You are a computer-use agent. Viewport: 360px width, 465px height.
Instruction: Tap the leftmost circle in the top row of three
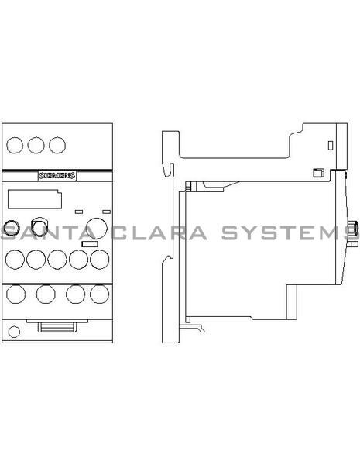tap(15, 145)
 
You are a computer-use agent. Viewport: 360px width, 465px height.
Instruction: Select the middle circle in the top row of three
tap(36, 145)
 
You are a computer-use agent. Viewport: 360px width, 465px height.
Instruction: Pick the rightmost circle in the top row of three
tap(57, 145)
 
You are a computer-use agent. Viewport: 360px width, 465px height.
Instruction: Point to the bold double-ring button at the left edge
tap(11, 228)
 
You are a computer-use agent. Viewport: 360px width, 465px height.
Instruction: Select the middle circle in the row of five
tap(57, 258)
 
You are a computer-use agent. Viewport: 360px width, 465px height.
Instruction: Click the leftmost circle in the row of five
tap(15, 258)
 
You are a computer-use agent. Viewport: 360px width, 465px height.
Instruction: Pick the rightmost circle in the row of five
tap(98, 258)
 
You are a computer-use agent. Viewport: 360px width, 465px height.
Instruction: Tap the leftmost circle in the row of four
tap(15, 294)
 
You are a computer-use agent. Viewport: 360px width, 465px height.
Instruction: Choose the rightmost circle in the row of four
tap(98, 294)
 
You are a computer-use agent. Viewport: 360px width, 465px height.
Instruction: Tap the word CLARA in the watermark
tap(159, 233)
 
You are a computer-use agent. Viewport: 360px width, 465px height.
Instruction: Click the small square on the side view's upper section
tap(315, 174)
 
